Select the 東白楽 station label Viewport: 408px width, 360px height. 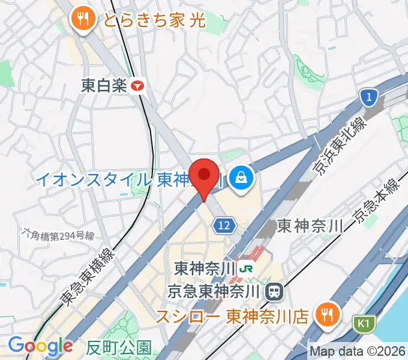(104, 86)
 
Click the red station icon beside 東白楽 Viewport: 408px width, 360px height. (139, 86)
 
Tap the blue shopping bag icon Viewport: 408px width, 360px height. (241, 178)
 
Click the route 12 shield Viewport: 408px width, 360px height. (223, 225)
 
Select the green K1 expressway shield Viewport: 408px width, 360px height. (362, 324)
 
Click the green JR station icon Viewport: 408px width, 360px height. (245, 268)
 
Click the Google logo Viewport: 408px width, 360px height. (40, 346)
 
